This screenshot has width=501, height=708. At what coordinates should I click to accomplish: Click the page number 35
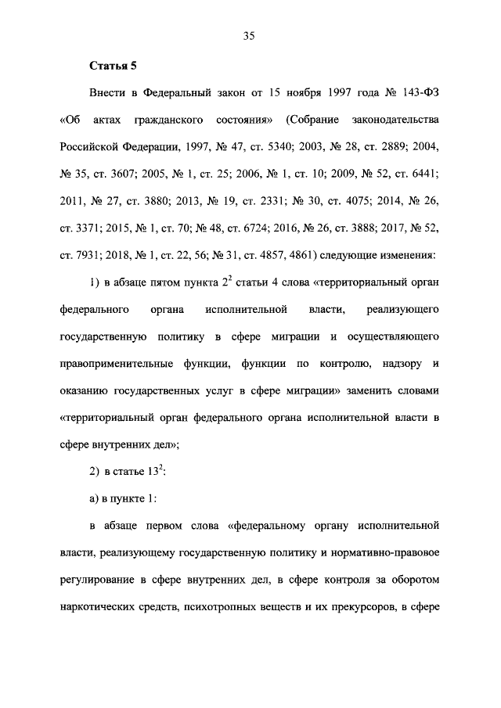250,36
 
